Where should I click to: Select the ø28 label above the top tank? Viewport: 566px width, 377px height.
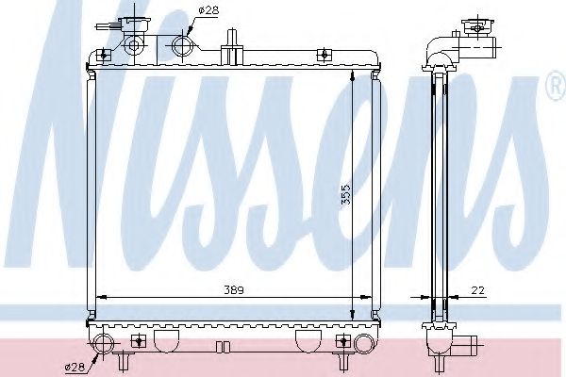[x=208, y=11]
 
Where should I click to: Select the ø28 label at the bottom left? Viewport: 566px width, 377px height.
[x=75, y=366]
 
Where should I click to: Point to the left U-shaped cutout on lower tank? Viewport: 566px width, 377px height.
[x=167, y=337]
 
